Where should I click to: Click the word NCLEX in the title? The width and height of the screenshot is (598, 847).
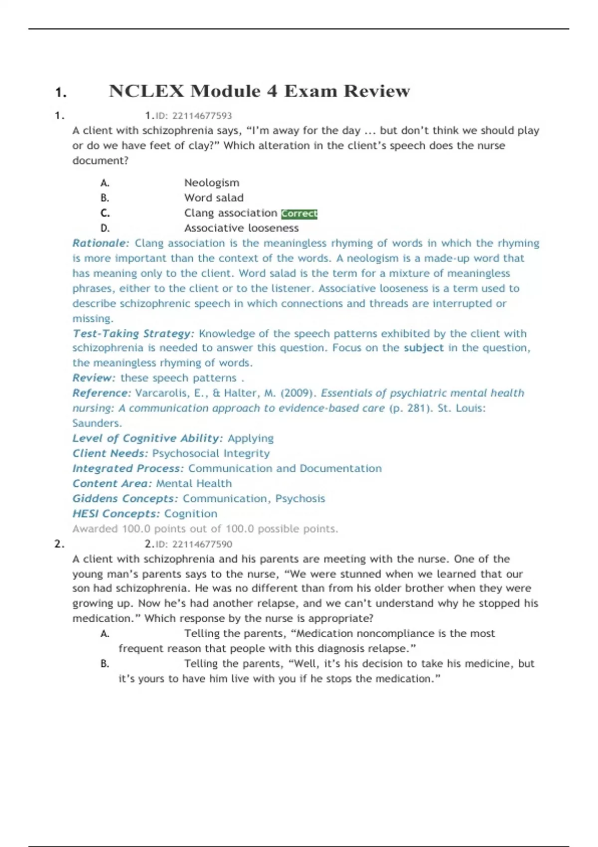(147, 91)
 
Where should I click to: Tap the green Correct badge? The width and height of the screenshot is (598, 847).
(299, 214)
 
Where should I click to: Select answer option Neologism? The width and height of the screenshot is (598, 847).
(212, 183)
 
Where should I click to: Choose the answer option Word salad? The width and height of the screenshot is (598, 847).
(214, 198)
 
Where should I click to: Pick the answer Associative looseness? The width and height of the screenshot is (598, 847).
(241, 228)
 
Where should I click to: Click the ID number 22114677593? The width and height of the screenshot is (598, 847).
(202, 116)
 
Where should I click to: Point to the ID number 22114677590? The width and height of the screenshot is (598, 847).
(202, 544)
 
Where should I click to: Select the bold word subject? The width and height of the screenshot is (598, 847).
(423, 348)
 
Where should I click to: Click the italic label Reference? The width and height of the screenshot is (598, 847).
(102, 393)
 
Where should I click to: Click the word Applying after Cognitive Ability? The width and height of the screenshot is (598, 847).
(251, 438)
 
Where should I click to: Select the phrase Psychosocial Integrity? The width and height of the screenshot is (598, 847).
(211, 453)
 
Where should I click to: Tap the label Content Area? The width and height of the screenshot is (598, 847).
(112, 483)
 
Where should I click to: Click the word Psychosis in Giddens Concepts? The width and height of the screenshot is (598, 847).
(300, 499)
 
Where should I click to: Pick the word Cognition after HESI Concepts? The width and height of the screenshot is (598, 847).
(190, 514)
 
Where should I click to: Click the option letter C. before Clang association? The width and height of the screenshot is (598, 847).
(105, 213)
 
